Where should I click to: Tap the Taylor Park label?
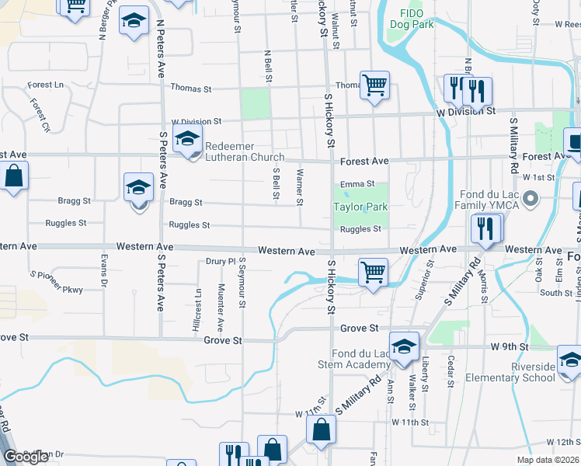click(x=360, y=207)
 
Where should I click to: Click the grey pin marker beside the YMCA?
click(x=531, y=200)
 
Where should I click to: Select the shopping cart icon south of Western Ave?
click(x=373, y=273)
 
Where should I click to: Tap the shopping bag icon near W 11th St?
click(x=321, y=429)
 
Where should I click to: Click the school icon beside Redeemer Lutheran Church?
click(x=188, y=141)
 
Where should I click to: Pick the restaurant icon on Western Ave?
click(x=486, y=229)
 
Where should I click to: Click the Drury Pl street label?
click(x=220, y=262)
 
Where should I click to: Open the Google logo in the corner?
click(x=26, y=457)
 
